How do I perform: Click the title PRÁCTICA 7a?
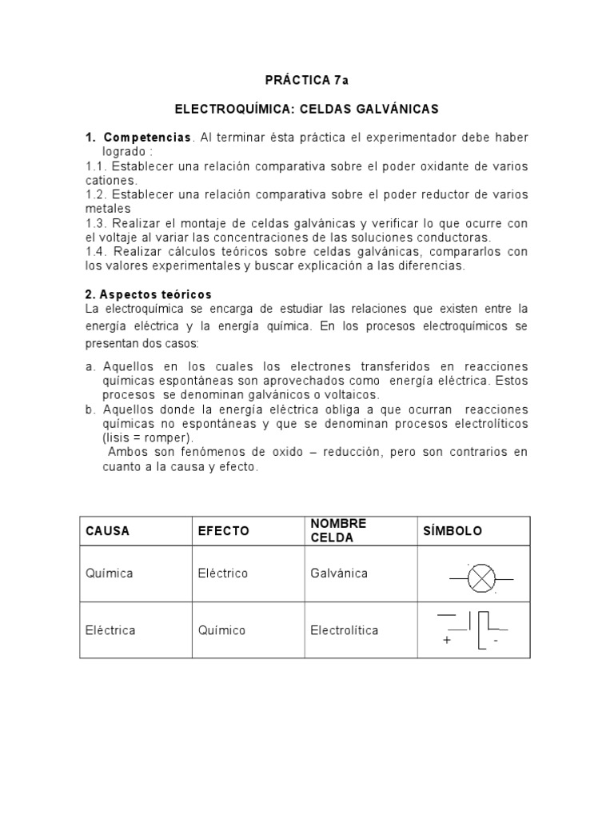tap(307, 80)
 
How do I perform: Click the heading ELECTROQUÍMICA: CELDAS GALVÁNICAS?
tap(307, 108)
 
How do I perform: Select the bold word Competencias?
tap(147, 138)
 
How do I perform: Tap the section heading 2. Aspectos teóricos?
tap(148, 294)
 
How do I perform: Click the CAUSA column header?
tap(107, 531)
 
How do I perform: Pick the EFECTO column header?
tap(224, 531)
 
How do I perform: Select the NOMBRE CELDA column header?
tap(338, 530)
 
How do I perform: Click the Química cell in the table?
tap(110, 573)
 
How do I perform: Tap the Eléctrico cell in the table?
tap(223, 573)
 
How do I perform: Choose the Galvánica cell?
tap(339, 573)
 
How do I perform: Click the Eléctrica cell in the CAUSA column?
tap(110, 630)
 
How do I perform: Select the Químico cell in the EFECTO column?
tap(222, 630)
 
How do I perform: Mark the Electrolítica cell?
tap(345, 630)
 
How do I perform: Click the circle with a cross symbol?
tap(481, 578)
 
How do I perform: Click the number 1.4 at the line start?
tap(96, 252)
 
